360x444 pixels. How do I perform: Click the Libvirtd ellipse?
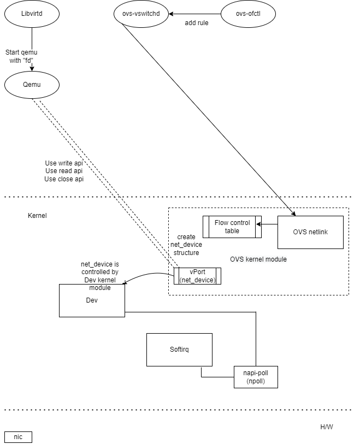point(32,14)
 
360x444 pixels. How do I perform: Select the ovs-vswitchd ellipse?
point(141,14)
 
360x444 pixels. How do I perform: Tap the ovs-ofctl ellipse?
point(249,14)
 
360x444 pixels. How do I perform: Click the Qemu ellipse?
point(32,85)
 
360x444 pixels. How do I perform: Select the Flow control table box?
point(232,227)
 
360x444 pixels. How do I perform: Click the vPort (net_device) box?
point(197,276)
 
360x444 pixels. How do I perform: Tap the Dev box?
point(92,300)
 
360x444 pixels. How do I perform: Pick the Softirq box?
point(179,350)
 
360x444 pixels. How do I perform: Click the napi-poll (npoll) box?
point(256,377)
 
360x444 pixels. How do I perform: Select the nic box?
point(18,437)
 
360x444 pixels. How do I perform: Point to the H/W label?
point(326,427)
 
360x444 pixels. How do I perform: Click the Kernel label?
point(37,216)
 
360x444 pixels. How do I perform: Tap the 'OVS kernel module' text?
point(258,259)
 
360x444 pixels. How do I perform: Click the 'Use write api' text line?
point(63,163)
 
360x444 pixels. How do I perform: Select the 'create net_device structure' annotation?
point(186,245)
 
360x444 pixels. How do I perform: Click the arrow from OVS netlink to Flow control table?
point(269,224)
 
